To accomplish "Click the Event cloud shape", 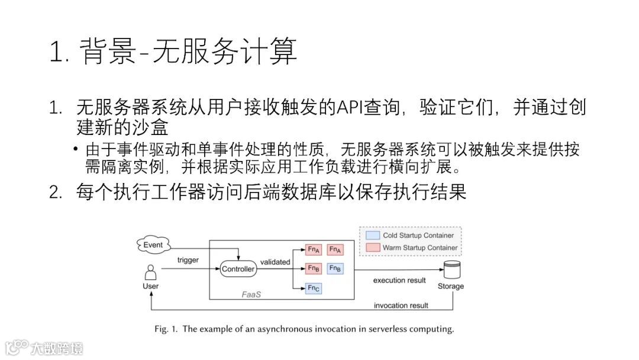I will click(153, 245).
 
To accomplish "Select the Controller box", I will click(238, 269).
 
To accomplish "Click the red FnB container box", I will click(314, 268).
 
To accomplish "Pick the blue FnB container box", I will click(335, 268).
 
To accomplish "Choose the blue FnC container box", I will click(314, 288).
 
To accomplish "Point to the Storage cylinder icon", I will click(451, 269).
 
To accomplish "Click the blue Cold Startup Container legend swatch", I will click(372, 235).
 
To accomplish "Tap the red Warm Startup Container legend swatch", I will click(372, 247).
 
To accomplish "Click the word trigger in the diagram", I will click(188, 260).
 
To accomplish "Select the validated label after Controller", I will click(275, 262).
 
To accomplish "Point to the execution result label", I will click(399, 280).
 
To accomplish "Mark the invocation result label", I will click(401, 306).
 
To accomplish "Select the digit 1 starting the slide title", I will click(56, 53).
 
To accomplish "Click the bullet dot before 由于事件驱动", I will click(76, 148).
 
